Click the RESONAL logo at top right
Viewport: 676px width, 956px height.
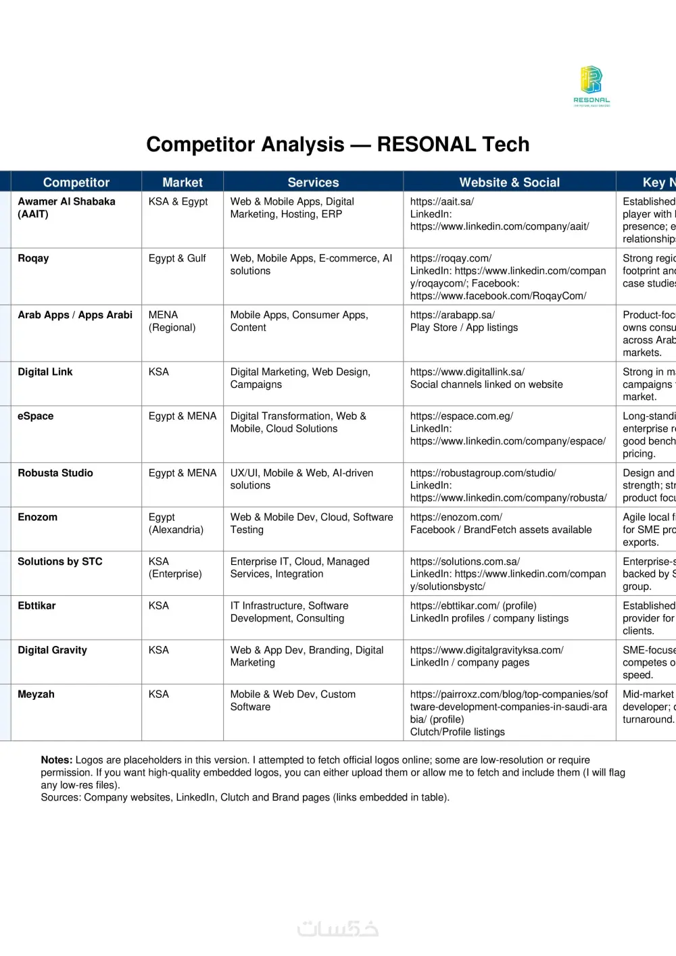coord(591,86)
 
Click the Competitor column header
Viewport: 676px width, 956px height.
coord(76,182)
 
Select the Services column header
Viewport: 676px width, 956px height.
coord(313,182)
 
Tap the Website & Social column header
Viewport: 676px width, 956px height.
coord(509,182)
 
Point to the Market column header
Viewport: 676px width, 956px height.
coord(183,182)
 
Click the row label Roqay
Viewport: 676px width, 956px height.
coord(33,258)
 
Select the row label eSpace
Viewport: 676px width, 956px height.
coord(35,416)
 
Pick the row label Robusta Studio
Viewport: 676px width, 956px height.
coord(55,473)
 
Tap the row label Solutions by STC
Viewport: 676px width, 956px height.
coord(60,561)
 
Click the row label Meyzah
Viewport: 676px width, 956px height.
coord(36,694)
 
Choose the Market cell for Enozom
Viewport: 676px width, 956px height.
coord(176,524)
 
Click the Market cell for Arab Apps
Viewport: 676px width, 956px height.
coord(172,321)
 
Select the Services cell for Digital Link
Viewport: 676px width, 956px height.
coord(300,378)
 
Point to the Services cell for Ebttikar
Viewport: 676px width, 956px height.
coord(289,612)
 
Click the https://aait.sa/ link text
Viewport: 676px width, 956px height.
coord(442,201)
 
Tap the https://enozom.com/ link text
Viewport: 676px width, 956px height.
coord(456,517)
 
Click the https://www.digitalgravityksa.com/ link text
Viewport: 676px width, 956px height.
coord(487,650)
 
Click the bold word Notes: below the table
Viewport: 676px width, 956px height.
coord(57,760)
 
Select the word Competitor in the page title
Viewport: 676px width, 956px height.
coord(245,145)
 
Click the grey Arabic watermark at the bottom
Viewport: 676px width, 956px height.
coord(338,929)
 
